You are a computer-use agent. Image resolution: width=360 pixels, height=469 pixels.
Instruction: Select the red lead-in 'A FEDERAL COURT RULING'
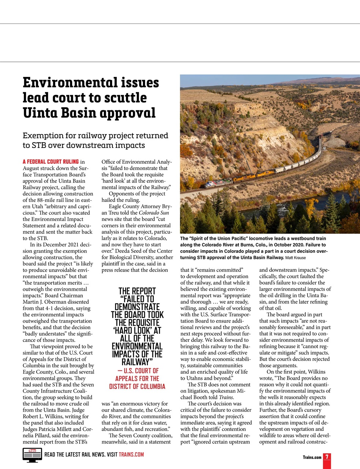click(51, 162)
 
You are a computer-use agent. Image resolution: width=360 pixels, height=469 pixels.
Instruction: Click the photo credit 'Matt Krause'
click(296, 258)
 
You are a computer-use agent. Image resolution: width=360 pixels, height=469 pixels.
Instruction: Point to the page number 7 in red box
click(327, 457)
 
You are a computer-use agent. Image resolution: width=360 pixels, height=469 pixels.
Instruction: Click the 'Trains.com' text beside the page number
click(312, 457)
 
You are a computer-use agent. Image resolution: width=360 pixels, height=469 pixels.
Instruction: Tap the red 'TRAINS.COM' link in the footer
click(131, 455)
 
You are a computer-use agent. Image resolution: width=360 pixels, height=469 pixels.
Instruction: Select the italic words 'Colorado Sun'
click(154, 213)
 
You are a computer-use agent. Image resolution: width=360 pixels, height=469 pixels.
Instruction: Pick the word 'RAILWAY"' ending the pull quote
click(137, 362)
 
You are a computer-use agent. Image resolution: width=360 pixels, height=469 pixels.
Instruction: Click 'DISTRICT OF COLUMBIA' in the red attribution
click(137, 387)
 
